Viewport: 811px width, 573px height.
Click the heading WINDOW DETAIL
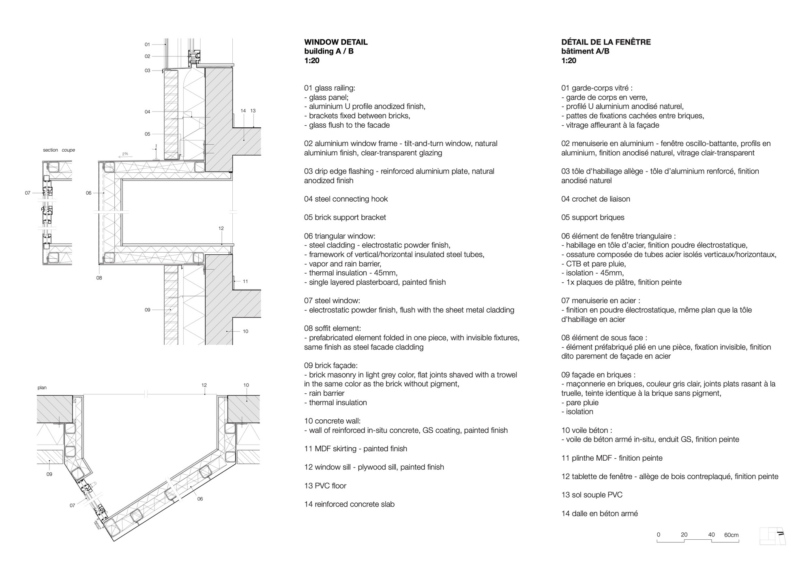point(336,42)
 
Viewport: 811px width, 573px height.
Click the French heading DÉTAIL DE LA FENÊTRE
point(606,42)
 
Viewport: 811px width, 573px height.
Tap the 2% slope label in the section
point(125,154)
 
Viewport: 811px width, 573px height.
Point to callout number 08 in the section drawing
point(99,278)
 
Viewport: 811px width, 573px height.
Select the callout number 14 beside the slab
point(243,111)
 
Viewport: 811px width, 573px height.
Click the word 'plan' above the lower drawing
point(42,388)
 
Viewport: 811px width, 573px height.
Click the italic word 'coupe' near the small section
point(68,150)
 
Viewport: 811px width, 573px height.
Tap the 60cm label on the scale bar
point(731,535)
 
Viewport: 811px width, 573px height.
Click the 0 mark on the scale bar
point(659,535)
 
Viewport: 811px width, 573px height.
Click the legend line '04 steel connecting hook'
point(346,199)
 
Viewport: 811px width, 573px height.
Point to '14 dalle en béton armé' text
point(599,513)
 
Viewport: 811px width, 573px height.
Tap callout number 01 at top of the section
point(147,45)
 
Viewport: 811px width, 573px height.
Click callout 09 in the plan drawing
point(49,474)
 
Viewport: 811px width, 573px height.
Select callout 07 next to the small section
point(28,193)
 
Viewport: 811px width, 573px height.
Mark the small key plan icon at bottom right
point(772,536)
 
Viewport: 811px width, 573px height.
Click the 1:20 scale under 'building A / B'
point(311,61)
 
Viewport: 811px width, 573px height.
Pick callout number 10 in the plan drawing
point(246,385)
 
